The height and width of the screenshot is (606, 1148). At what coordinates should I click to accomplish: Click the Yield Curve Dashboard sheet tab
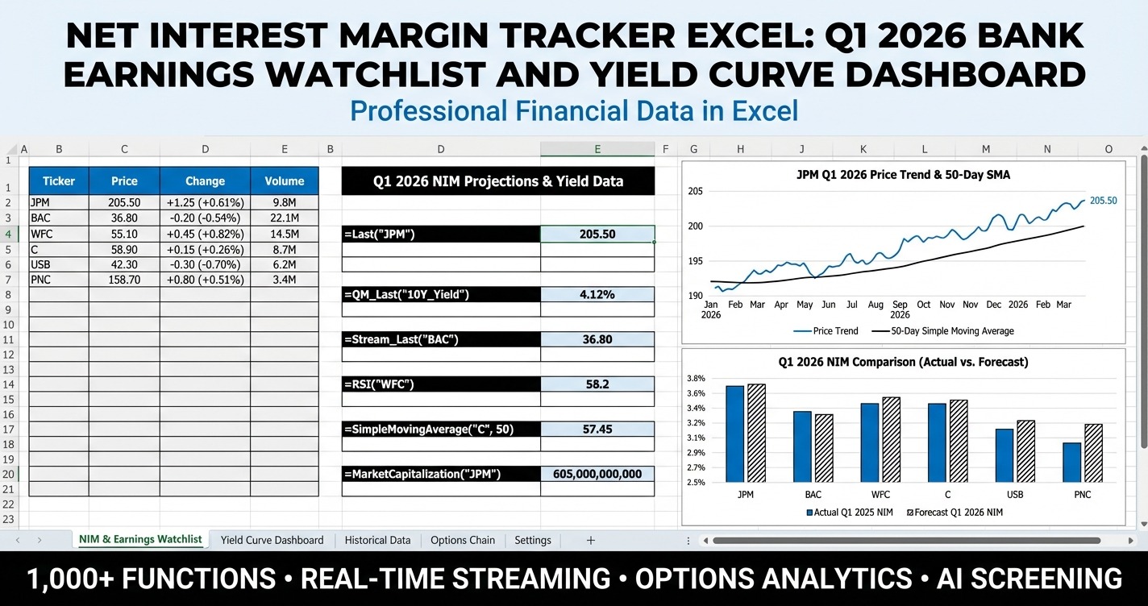[272, 540]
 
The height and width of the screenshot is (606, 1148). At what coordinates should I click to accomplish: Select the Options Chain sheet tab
[462, 540]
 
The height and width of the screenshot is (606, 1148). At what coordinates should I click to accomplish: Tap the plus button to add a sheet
[590, 540]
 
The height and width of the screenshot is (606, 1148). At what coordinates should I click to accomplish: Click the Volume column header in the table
[285, 181]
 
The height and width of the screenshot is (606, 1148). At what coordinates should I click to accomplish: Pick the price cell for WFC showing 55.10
[124, 234]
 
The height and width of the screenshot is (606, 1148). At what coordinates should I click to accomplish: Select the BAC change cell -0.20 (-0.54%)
[205, 218]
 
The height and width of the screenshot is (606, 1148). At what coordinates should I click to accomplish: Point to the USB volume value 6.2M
[285, 264]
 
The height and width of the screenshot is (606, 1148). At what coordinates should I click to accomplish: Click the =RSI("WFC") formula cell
[440, 384]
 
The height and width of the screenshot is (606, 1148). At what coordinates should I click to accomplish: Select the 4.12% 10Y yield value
[597, 294]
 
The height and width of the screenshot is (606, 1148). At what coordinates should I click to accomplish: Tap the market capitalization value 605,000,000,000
[597, 474]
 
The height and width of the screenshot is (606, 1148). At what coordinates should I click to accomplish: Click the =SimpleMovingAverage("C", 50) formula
[440, 430]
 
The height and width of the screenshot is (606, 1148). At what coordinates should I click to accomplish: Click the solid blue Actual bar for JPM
[734, 434]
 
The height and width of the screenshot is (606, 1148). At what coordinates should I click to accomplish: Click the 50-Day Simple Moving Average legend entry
[951, 331]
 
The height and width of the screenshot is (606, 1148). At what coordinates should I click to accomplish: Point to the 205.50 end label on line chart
[1103, 201]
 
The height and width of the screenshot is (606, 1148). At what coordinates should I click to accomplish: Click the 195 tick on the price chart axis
[695, 261]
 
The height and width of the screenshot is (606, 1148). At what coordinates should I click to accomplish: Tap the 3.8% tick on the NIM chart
[696, 378]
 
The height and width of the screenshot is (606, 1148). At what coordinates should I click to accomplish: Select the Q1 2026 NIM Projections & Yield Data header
[497, 181]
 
